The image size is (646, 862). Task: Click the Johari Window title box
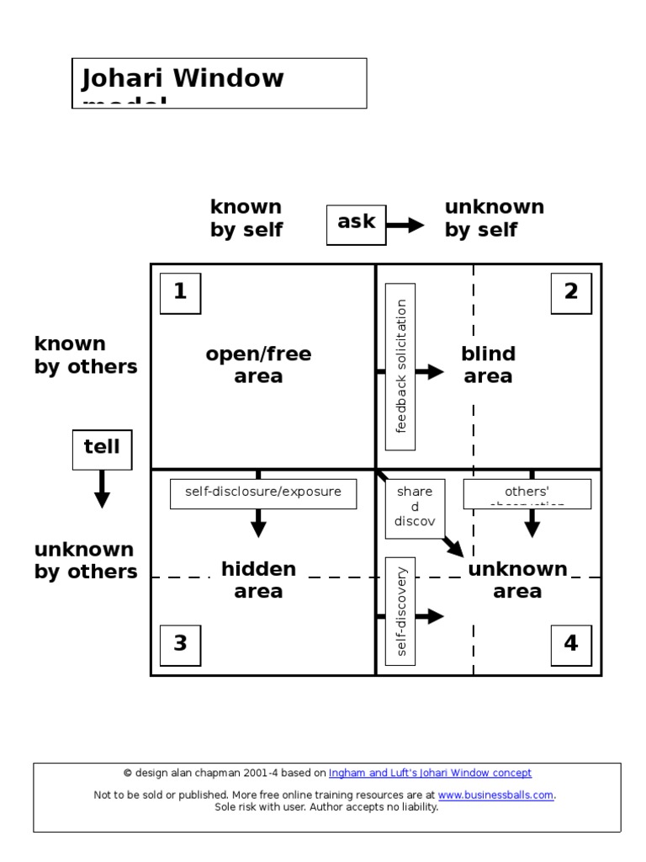coord(219,82)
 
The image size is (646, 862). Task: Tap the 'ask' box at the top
coord(356,223)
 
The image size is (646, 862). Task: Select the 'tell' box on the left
coord(102,448)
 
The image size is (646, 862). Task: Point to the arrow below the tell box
coord(102,489)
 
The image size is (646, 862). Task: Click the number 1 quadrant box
coord(180,293)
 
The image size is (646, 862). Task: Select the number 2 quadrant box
coord(571,293)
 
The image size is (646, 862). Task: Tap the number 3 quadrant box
coord(180,645)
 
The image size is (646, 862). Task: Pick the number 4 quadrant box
coord(571,645)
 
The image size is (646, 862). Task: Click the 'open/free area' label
coord(258,365)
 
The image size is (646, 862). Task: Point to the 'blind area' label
coord(488,365)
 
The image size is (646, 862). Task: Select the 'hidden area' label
coord(258,580)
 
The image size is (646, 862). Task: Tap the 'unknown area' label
coord(517,580)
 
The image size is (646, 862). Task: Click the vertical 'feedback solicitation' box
coord(400,367)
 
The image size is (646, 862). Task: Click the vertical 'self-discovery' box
coord(400,610)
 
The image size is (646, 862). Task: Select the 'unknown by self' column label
coord(494,218)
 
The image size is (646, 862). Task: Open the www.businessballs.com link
coord(495,795)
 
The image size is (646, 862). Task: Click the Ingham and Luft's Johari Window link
coord(430,773)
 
